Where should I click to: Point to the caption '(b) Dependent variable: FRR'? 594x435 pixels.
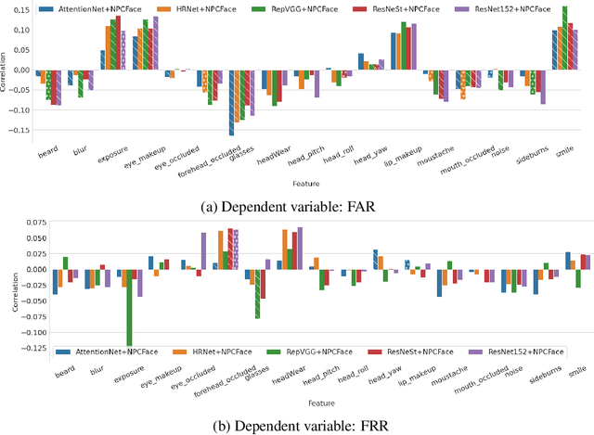click(296, 426)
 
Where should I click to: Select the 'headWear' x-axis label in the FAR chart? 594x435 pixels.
click(268, 154)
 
